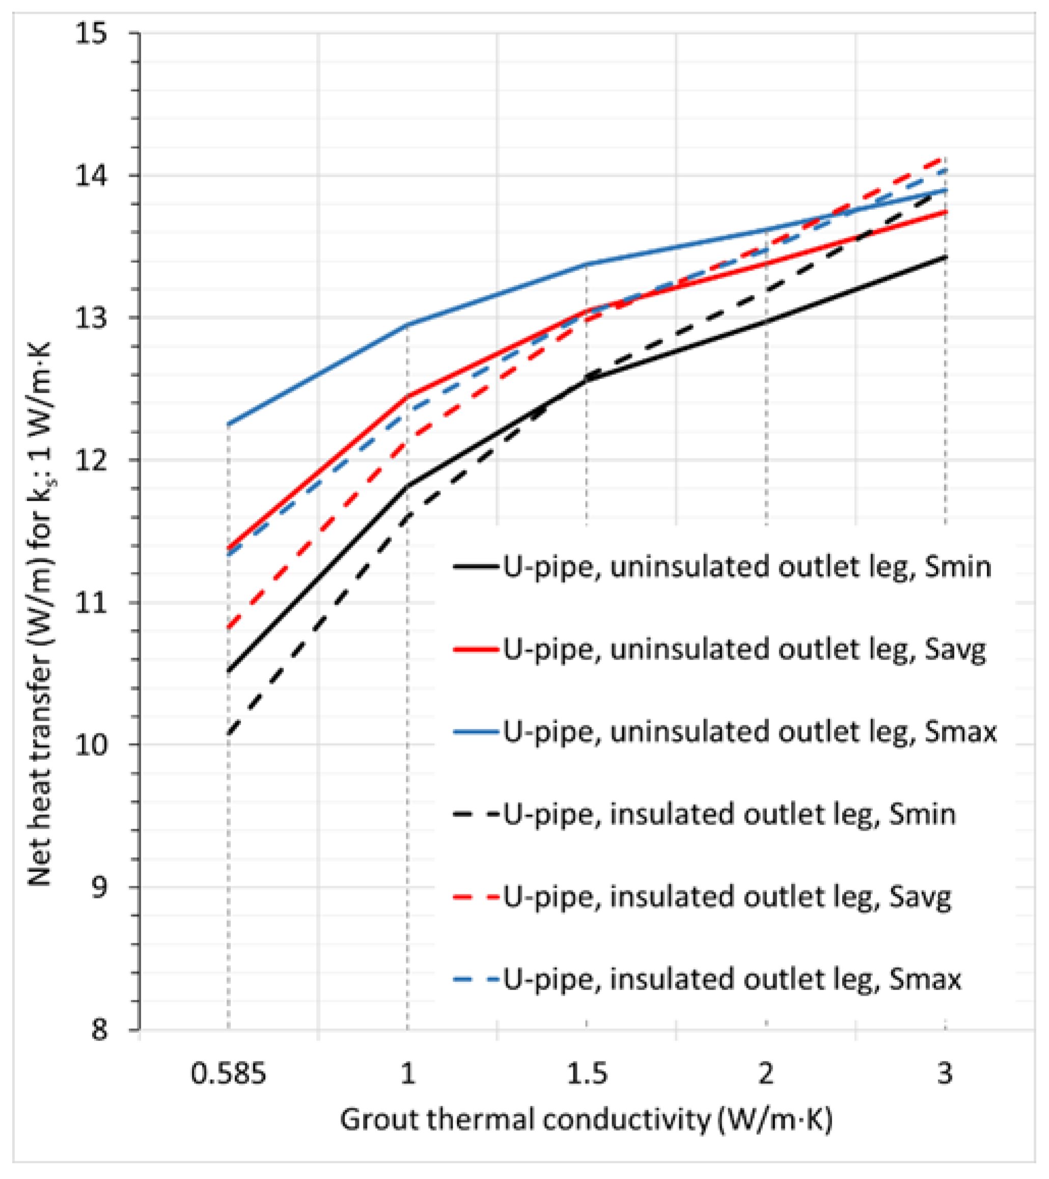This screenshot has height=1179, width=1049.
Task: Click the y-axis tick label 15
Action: (x=91, y=34)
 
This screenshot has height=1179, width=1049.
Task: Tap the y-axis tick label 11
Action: (x=91, y=603)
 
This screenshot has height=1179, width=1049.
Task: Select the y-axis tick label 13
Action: (x=91, y=318)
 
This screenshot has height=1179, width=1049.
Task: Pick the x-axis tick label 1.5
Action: (x=587, y=1074)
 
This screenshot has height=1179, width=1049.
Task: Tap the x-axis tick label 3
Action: (x=944, y=1074)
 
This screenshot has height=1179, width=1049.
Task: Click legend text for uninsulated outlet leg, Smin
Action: (x=748, y=567)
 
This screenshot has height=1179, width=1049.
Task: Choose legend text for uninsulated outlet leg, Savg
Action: (x=744, y=649)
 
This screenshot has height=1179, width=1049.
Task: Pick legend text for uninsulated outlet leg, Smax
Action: (x=750, y=731)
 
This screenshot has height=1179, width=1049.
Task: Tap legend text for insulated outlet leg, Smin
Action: (x=730, y=814)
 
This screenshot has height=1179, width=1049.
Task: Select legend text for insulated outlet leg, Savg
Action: (x=727, y=896)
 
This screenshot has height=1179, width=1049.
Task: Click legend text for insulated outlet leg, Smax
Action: (x=732, y=979)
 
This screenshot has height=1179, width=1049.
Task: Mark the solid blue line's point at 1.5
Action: (x=587, y=264)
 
